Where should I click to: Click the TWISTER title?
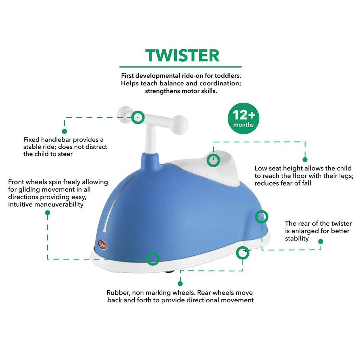pyautogui.click(x=182, y=55)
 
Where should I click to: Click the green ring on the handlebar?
pyautogui.click(x=138, y=117)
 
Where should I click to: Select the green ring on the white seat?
pyautogui.click(x=213, y=160)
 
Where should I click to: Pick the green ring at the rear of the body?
pyautogui.click(x=261, y=217)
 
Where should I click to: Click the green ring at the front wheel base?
pyautogui.click(x=153, y=259)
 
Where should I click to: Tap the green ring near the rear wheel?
pyautogui.click(x=242, y=252)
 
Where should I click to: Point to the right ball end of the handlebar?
pyautogui.click(x=180, y=125)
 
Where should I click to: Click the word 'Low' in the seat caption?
pyautogui.click(x=261, y=168)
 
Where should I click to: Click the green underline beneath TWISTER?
pyautogui.click(x=180, y=66)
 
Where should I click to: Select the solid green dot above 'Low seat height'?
pyautogui.click(x=305, y=160)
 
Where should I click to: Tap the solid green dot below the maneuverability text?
pyautogui.click(x=48, y=213)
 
